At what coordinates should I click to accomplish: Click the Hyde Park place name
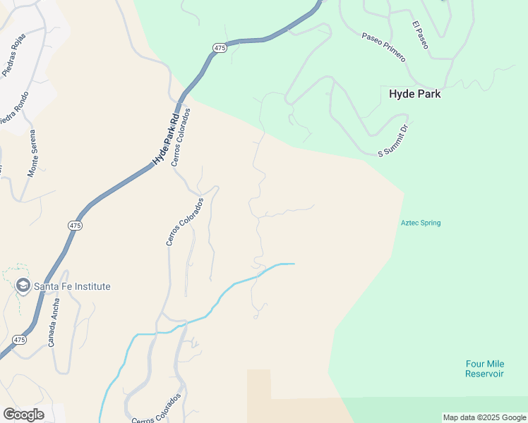pyautogui.click(x=414, y=93)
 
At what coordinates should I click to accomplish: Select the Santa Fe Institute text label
pyautogui.click(x=73, y=286)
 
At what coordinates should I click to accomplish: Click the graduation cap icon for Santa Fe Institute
pyautogui.click(x=23, y=286)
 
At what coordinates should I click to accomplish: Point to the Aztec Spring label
pyautogui.click(x=421, y=223)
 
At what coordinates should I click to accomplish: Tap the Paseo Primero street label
pyautogui.click(x=383, y=47)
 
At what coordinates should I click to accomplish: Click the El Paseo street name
pyautogui.click(x=420, y=35)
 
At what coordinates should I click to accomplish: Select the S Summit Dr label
pyautogui.click(x=394, y=141)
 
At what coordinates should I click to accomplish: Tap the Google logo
pyautogui.click(x=23, y=414)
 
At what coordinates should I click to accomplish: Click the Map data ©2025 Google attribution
pyautogui.click(x=484, y=417)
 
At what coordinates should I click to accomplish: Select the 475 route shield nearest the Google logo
pyautogui.click(x=19, y=340)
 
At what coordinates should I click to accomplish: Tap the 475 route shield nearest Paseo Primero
pyautogui.click(x=220, y=47)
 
